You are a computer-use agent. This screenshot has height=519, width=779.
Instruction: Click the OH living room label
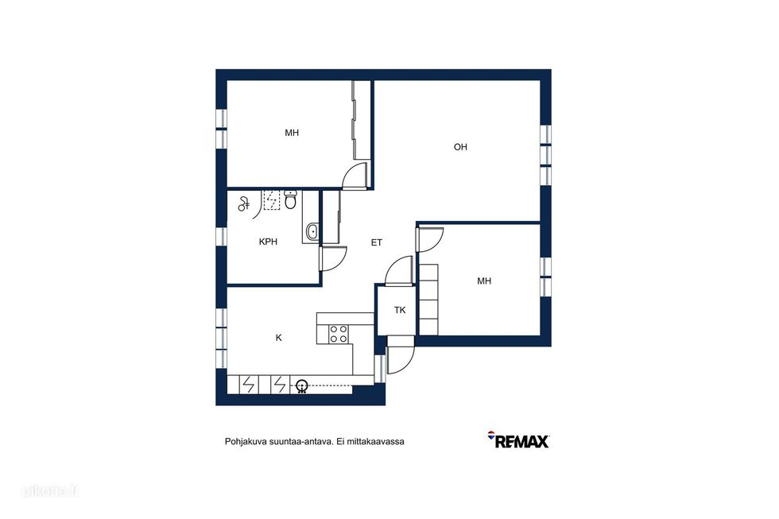(460, 147)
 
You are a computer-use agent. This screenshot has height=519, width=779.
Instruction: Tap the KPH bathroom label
(269, 242)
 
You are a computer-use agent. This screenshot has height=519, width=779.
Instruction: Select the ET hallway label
(377, 243)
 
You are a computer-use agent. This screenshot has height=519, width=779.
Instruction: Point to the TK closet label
(400, 311)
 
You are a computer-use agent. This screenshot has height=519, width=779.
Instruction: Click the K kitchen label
(279, 338)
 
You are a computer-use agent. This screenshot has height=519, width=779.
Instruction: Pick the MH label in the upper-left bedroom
(292, 133)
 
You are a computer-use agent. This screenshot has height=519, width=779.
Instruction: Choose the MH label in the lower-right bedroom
(484, 281)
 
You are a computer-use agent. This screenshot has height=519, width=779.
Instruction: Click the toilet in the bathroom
(291, 199)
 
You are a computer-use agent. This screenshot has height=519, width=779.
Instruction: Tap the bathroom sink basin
(312, 231)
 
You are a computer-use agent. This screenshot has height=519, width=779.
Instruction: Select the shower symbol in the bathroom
(243, 203)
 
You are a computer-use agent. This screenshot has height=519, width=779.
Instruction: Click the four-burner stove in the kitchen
(339, 334)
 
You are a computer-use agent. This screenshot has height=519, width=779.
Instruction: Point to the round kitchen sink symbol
(301, 385)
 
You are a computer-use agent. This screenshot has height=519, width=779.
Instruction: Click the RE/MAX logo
(518, 440)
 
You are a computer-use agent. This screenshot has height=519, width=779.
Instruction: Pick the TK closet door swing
(399, 271)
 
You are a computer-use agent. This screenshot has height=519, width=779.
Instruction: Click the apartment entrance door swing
(401, 360)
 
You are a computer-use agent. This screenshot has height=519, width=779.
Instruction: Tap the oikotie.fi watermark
(49, 491)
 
